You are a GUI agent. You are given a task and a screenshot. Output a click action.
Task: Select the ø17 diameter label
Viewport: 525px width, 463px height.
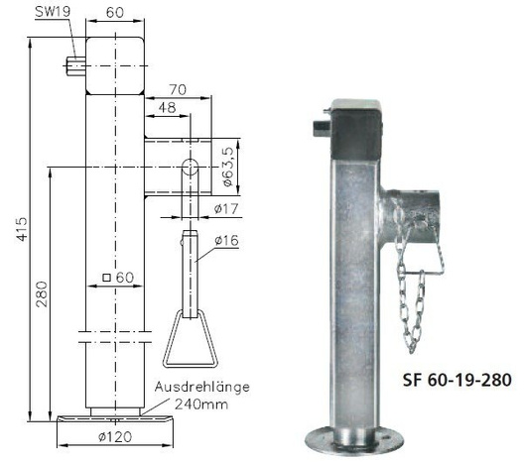pos(228,208)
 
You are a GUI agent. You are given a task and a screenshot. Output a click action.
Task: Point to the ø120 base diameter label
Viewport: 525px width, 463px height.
pos(118,436)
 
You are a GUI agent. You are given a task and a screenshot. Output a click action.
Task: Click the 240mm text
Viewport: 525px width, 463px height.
pos(198,403)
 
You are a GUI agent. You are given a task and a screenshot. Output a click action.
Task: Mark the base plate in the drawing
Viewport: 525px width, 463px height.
pos(118,420)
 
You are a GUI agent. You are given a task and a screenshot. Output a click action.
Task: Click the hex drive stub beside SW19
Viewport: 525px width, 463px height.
pos(73,66)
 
